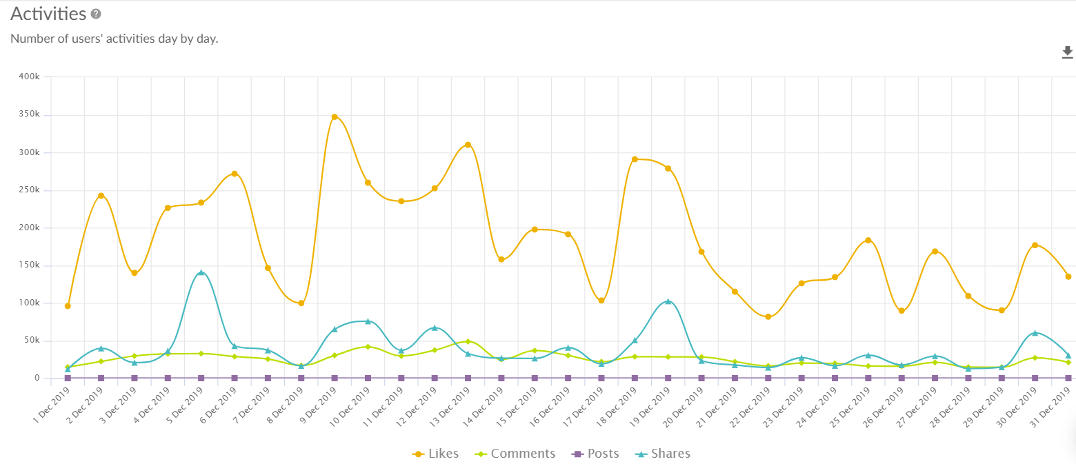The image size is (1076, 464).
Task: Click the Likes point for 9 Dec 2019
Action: coord(335,117)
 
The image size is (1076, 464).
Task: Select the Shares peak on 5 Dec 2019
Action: coord(201,272)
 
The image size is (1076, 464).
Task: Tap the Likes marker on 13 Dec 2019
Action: coord(468,145)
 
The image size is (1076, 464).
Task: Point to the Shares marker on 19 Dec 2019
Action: coord(668,301)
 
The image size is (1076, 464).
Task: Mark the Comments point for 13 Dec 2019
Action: coord(468,341)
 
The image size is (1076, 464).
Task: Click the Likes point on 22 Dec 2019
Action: coord(768,316)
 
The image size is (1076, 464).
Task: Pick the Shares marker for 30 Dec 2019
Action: coord(1035,333)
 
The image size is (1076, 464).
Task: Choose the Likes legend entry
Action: coord(435,454)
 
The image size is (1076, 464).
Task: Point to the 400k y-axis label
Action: coord(30,77)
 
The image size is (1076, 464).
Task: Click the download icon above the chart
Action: coord(1068,52)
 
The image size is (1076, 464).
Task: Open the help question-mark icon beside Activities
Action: coord(96,14)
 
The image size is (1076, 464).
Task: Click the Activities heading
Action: coord(48,14)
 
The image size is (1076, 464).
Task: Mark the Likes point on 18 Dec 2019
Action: coord(635,159)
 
